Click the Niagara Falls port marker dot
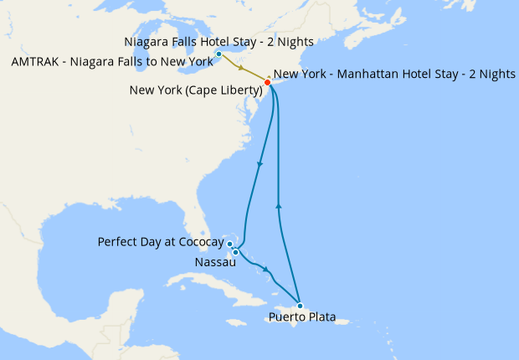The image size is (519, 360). [x=218, y=54]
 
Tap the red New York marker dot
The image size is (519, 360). [x=267, y=82]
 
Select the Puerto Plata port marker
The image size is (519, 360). [x=300, y=306]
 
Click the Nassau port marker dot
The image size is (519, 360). [x=236, y=252]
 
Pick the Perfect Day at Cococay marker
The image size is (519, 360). [x=229, y=244]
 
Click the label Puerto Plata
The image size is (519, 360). [x=302, y=318]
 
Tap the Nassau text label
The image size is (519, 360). [x=214, y=262]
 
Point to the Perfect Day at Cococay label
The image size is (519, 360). [x=161, y=243]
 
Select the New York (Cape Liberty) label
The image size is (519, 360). [x=193, y=90]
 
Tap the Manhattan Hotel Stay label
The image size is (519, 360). [x=394, y=74]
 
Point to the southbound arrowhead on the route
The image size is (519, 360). [x=259, y=164]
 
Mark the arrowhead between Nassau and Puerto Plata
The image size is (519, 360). [x=266, y=270]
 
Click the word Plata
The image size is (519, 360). [x=321, y=318]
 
